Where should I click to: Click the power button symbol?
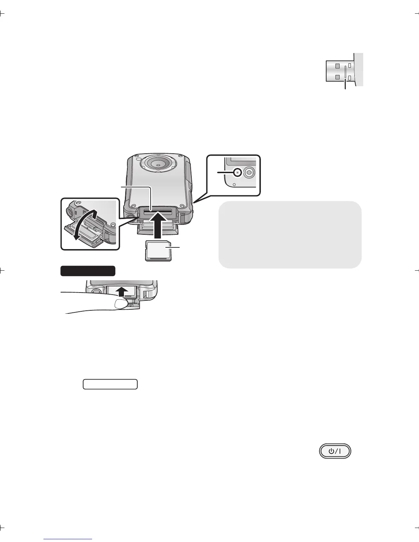point(335,451)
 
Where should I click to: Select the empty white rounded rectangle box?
point(110,384)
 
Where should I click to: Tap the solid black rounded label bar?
point(88,271)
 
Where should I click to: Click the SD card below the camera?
point(158,250)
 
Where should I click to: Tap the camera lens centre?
point(158,165)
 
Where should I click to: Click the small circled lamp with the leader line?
point(237,172)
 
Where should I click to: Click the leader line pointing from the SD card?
point(175,247)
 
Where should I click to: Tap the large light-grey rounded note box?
point(290,234)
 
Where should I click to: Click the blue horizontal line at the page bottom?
point(68,539)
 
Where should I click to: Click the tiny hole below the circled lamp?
point(234,184)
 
